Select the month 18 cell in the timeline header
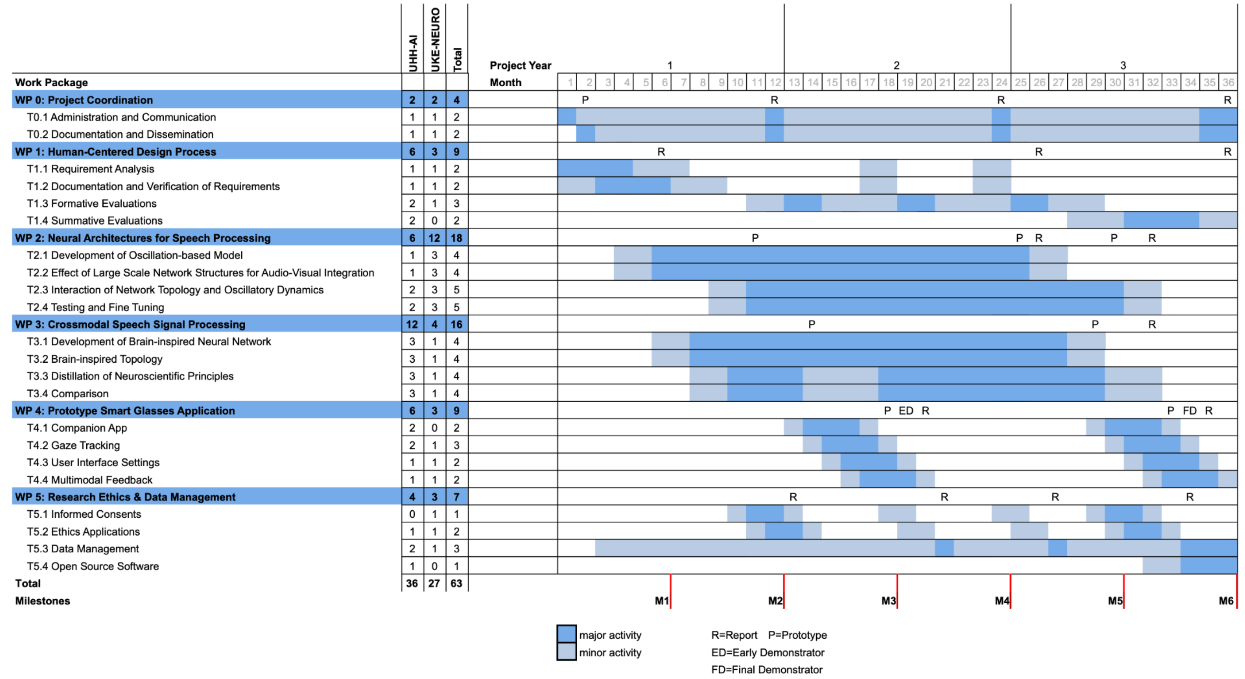click(889, 82)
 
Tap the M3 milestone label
click(888, 601)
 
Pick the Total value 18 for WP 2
click(456, 238)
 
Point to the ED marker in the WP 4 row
click(906, 410)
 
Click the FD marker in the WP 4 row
click(1189, 410)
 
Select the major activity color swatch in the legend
click(566, 633)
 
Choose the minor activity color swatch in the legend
click(566, 651)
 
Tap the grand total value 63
click(456, 583)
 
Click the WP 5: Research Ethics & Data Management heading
click(125, 497)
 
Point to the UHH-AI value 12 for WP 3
click(412, 325)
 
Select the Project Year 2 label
click(896, 65)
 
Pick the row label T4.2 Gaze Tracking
click(74, 446)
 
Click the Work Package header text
click(51, 82)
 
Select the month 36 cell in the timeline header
click(1228, 82)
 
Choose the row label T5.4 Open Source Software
click(93, 566)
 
